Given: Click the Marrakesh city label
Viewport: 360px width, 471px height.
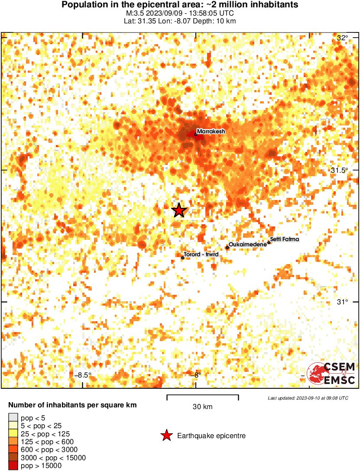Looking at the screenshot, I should tap(211, 131).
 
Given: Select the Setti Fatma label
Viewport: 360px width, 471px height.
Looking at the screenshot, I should tap(284, 239).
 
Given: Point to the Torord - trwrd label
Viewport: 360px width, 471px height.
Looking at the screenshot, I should tap(200, 255).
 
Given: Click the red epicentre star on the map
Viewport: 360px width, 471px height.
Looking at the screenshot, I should tap(179, 210).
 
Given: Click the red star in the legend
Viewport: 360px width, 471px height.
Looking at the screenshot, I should tap(166, 436).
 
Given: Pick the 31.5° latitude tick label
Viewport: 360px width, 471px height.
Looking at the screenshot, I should tap(340, 170).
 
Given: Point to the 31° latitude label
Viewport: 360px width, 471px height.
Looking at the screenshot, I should tap(342, 302).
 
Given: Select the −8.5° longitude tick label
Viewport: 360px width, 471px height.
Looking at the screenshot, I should tap(83, 375).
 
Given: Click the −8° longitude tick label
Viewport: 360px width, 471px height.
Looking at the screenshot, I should tap(196, 375).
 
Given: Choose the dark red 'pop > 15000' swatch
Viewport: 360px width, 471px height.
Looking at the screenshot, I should tap(13, 466).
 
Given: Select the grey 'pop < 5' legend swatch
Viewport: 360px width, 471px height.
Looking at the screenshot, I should tap(13, 418).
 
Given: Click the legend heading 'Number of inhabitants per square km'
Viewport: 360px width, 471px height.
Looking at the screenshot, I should tap(73, 406).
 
